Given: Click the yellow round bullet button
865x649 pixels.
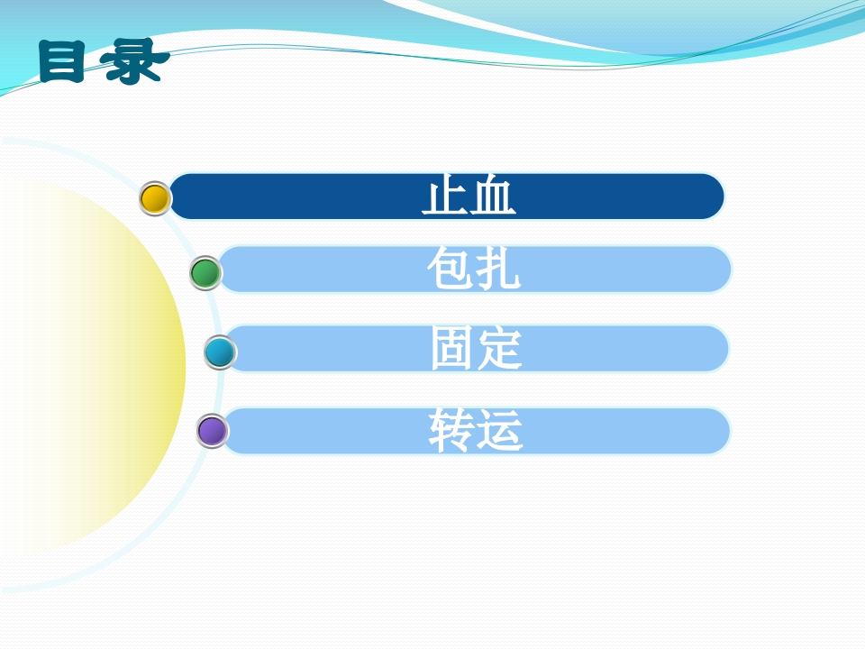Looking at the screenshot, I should coord(155,198).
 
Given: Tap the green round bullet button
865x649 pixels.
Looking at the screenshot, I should coord(205,273).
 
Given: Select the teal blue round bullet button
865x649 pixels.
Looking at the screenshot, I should coord(219,352).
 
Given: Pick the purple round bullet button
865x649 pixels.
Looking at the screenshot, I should coord(213,431).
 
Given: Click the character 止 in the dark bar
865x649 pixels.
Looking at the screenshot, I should coord(445,197).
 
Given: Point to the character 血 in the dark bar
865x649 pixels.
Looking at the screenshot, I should coord(493,197).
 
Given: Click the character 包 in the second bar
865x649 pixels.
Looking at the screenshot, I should coord(451,270).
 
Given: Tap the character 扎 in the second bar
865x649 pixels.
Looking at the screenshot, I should coord(498,270).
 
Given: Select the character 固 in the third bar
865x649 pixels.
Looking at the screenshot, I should coord(453,349).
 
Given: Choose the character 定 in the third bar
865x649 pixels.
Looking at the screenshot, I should coord(500,349).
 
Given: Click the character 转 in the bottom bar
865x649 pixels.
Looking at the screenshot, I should coord(451,431).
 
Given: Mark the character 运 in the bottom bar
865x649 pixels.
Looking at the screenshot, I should coord(500,431).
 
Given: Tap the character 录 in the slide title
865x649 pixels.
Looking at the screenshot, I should coord(135,61).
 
